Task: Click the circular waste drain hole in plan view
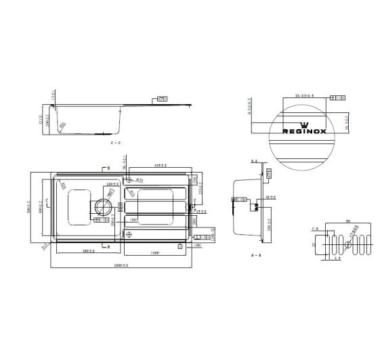(x=105, y=208)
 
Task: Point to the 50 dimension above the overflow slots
(x=347, y=221)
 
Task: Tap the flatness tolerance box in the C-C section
(x=162, y=98)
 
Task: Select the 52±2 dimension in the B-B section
(x=270, y=196)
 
